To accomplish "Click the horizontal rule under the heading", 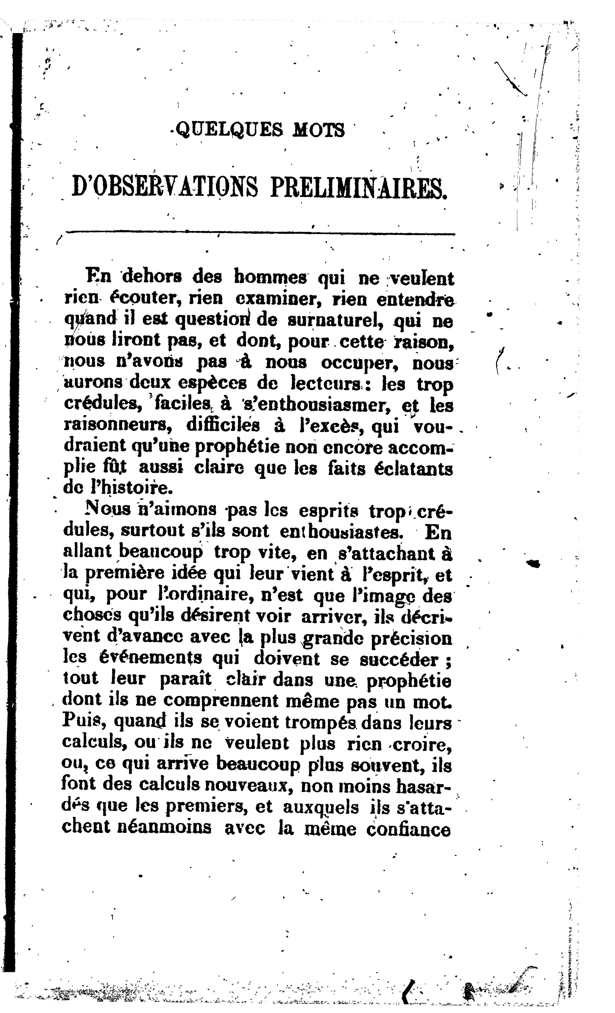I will [x=260, y=233].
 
